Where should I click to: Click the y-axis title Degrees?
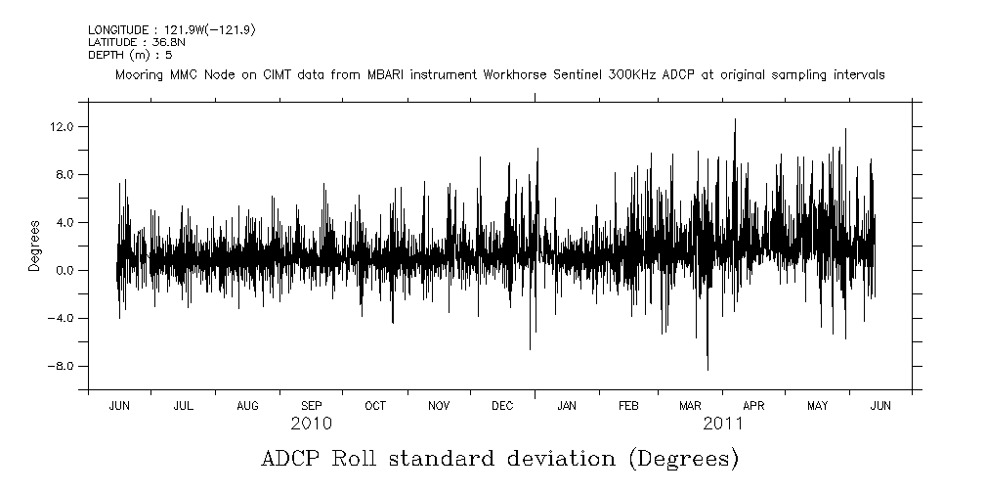point(33,246)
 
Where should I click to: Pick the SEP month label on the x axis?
point(311,406)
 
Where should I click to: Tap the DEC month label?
point(502,406)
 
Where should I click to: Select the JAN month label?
point(566,406)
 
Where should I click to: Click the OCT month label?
point(374,406)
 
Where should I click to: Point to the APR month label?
point(753,406)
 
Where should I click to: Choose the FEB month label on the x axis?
point(628,406)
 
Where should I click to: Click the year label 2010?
point(311,425)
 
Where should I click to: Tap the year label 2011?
point(723,425)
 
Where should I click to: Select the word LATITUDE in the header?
point(110,43)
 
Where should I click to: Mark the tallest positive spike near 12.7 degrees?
point(735,119)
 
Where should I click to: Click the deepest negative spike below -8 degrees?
point(707,369)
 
